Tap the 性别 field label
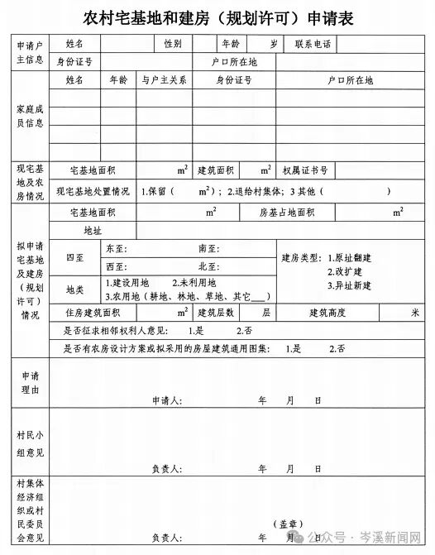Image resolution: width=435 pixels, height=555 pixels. pyautogui.click(x=173, y=43)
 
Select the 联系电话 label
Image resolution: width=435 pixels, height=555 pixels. pyautogui.click(x=311, y=43)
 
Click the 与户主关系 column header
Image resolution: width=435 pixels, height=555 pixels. pyautogui.click(x=164, y=80)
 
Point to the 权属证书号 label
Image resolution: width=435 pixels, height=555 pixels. pyautogui.click(x=304, y=170)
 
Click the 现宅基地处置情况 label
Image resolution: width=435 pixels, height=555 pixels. pyautogui.click(x=93, y=191)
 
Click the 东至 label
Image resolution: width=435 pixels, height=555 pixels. pyautogui.click(x=117, y=248)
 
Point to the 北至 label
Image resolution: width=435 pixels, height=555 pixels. pyautogui.click(x=208, y=266)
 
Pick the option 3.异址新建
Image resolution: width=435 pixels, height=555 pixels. pyautogui.click(x=349, y=285)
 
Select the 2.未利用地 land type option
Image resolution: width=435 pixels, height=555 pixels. pyautogui.click(x=194, y=283)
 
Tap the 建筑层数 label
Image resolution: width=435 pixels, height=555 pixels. pyautogui.click(x=216, y=313)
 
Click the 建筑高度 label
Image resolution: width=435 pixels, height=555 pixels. pyautogui.click(x=327, y=313)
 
